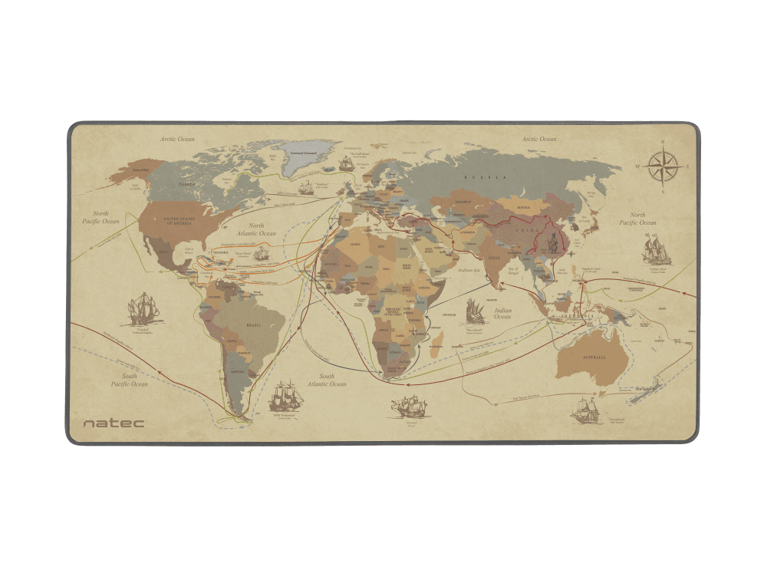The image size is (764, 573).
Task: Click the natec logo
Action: pos(113,423)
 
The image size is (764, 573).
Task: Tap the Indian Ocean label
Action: pos(502,314)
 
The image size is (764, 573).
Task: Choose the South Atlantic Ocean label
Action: pos(328,380)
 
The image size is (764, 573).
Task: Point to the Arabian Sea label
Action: pos(469,270)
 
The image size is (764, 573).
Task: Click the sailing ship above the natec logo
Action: pos(142,310)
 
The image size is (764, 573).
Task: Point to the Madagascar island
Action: pos(437,338)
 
